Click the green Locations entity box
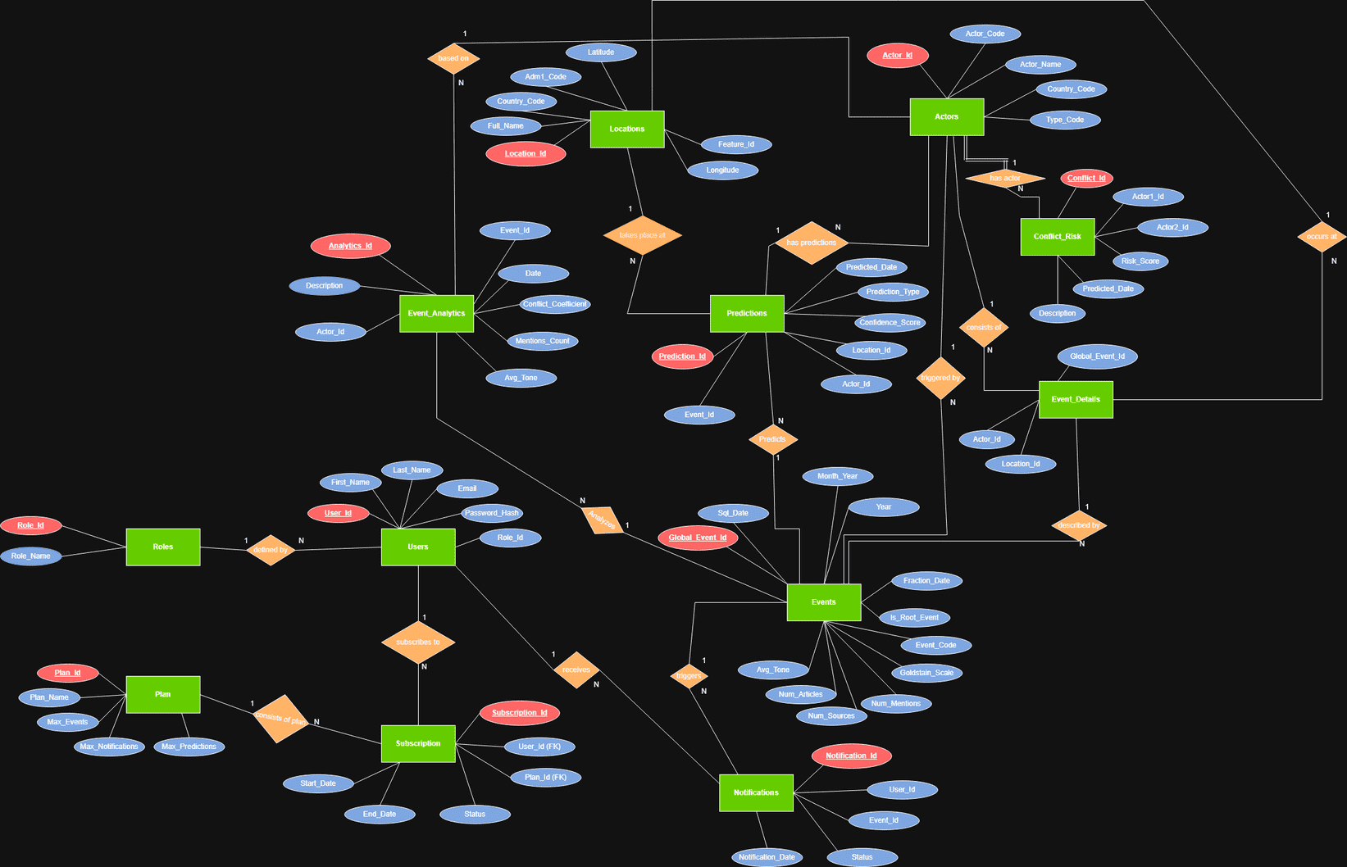coord(627,129)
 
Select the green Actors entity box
coord(946,116)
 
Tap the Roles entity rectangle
coord(162,547)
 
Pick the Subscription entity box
coord(418,743)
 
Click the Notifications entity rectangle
coord(756,792)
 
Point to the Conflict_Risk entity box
coord(1057,236)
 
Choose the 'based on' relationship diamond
coord(453,58)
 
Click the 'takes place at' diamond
coord(642,235)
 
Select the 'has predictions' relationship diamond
coord(811,243)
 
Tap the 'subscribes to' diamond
coord(418,642)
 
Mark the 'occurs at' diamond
coord(1322,236)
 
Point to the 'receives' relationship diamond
coord(576,670)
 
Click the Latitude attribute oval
coord(601,52)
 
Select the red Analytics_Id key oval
coord(350,246)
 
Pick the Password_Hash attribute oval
coord(492,513)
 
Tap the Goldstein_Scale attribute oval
coord(926,673)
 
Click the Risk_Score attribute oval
coord(1140,261)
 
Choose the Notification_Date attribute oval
coord(767,857)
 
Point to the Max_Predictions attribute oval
coord(189,747)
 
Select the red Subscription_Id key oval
coord(520,713)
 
